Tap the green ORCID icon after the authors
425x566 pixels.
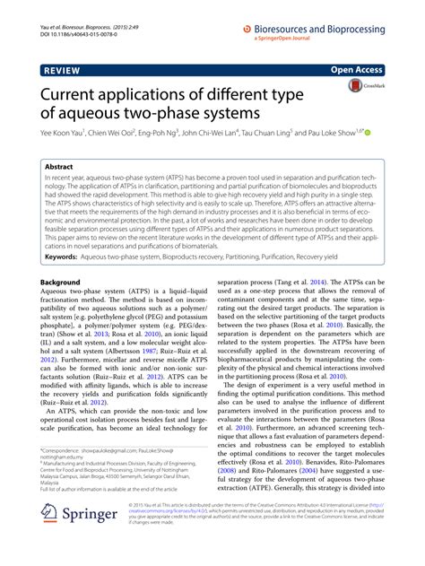pos(367,131)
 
